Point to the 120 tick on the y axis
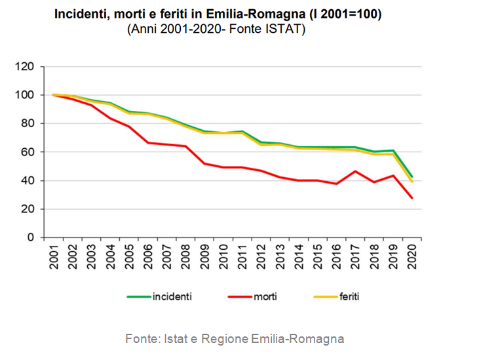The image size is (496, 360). pos(26,66)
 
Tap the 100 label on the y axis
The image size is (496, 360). pos(26,95)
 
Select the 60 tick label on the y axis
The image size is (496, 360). pos(28,152)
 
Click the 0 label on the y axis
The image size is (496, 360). pos(31,238)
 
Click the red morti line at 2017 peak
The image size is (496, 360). pos(354,171)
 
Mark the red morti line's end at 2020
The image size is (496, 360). pos(411,198)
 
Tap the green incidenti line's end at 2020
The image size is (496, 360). pos(411,176)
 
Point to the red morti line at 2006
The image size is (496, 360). pos(148,142)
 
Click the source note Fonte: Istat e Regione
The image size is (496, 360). pos(235,339)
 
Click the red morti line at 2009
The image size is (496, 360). pos(204,163)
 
